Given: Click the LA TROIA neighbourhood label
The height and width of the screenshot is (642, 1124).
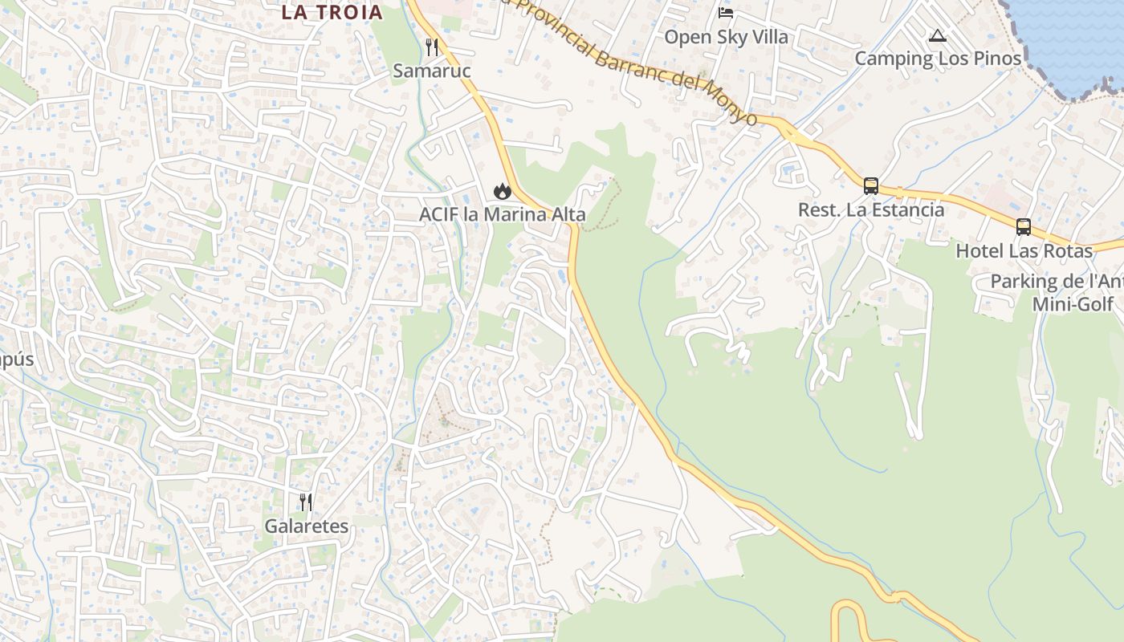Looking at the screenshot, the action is [x=332, y=12].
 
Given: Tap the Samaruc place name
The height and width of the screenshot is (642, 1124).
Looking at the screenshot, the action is [x=431, y=71].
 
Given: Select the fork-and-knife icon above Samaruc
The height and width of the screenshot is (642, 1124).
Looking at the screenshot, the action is [x=432, y=47].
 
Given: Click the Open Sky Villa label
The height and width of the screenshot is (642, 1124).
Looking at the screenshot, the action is [x=726, y=37].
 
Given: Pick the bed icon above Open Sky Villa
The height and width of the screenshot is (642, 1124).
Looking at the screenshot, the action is [x=726, y=13].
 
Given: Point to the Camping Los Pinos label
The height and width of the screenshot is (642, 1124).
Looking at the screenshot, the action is [x=938, y=58].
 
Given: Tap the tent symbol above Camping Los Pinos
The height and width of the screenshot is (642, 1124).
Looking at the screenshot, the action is [x=938, y=35].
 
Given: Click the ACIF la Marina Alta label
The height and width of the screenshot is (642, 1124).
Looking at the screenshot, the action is [x=503, y=214].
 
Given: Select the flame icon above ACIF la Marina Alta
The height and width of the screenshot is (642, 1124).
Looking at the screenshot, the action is [x=503, y=191].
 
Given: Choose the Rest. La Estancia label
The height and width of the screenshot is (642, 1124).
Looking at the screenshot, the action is [x=871, y=209].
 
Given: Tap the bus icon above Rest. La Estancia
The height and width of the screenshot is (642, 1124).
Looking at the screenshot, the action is [x=871, y=186].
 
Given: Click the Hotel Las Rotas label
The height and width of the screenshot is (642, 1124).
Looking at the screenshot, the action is [x=1024, y=250].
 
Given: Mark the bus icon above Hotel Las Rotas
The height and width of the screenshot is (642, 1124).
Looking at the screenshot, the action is [x=1024, y=227].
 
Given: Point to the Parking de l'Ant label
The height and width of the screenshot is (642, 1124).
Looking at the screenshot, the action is [x=1056, y=282].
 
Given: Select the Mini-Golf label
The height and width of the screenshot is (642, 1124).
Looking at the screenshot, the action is [x=1073, y=304].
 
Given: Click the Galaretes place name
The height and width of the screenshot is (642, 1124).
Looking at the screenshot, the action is [x=307, y=526].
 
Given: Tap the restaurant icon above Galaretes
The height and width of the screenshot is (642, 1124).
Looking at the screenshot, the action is [x=306, y=502].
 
